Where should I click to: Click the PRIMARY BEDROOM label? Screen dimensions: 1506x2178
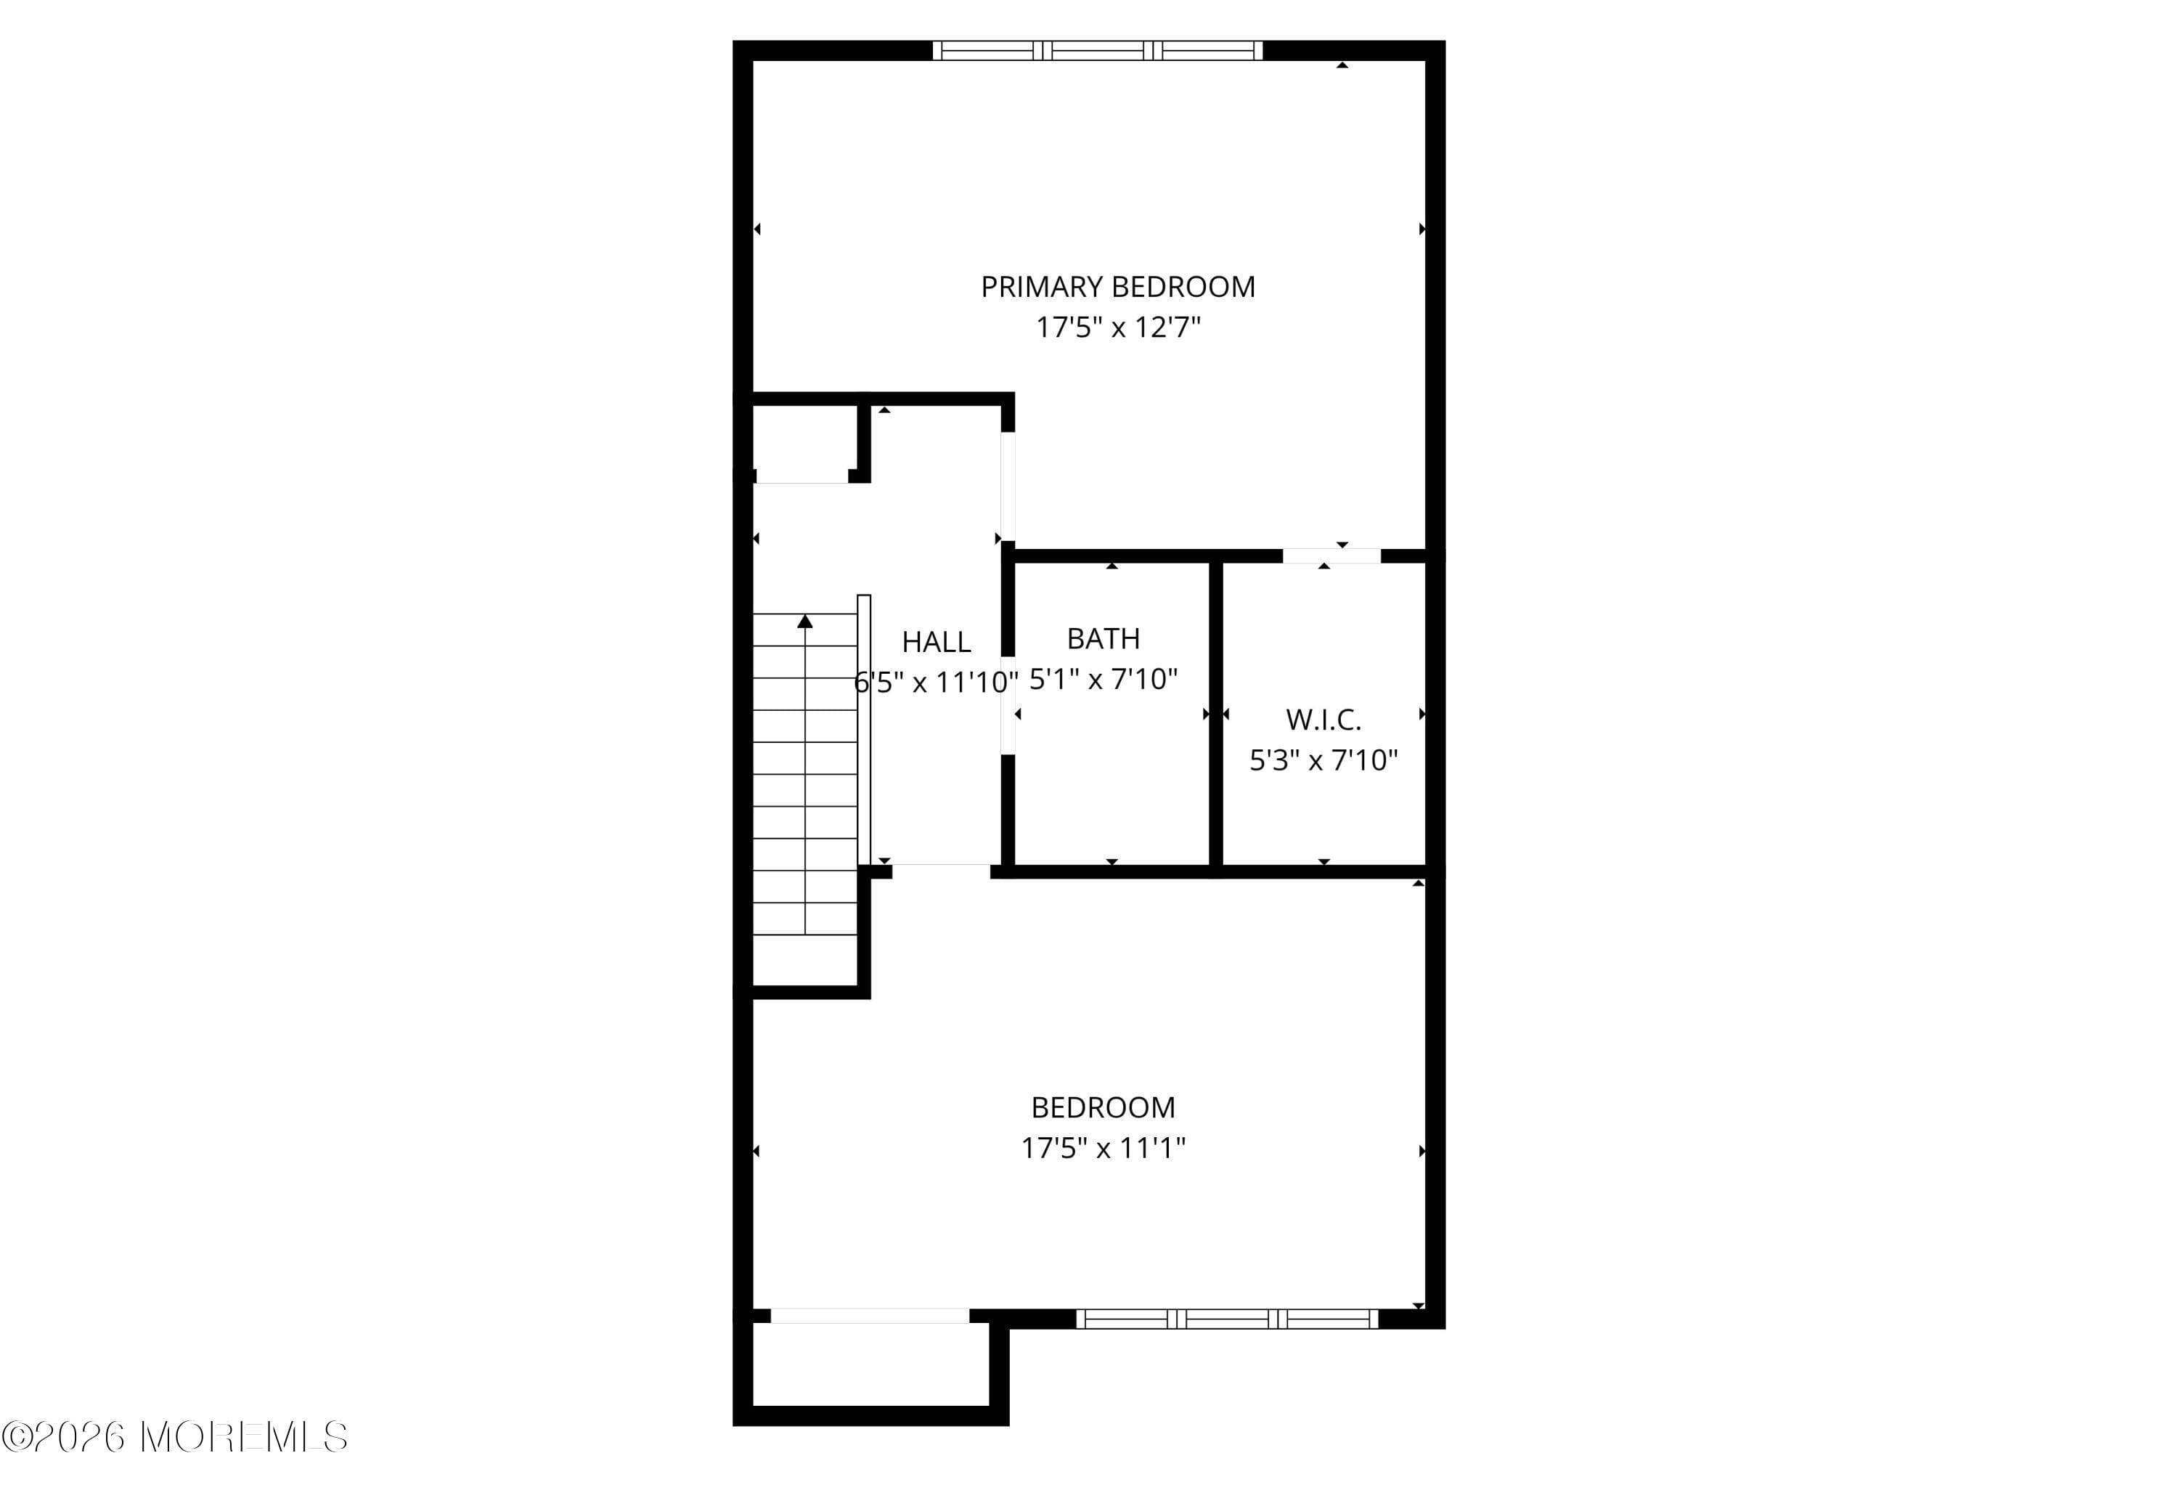click(1118, 287)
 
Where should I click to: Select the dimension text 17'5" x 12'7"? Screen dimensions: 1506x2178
click(1118, 327)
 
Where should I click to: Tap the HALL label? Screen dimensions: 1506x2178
click(936, 642)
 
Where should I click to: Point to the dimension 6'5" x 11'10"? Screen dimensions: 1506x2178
click(936, 681)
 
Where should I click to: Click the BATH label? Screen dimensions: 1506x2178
click(1103, 639)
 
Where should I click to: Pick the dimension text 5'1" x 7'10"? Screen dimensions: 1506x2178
click(1103, 678)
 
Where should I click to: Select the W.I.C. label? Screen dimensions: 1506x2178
click(1323, 720)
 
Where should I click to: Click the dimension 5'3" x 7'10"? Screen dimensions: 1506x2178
click(1323, 760)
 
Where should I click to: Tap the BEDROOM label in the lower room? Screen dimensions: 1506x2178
click(1103, 1107)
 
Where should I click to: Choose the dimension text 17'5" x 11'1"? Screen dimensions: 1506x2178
click(1103, 1147)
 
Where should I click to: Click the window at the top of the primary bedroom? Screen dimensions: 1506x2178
click(1097, 51)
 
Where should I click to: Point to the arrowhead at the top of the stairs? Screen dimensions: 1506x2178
click(804, 621)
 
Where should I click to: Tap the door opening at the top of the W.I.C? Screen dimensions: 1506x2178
click(1331, 555)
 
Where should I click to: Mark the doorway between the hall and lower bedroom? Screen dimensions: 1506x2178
click(940, 870)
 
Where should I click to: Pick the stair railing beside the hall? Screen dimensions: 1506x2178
click(863, 730)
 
